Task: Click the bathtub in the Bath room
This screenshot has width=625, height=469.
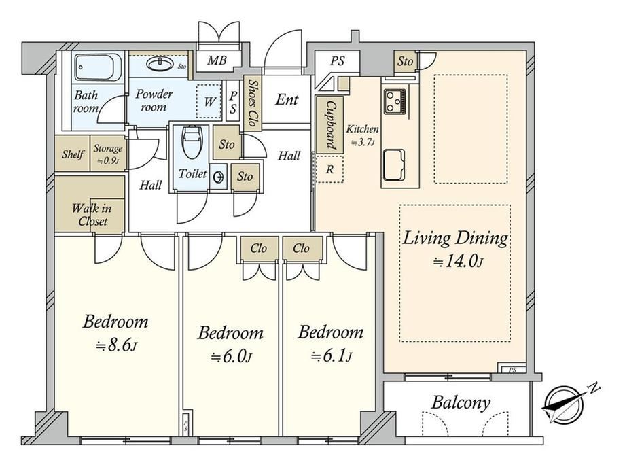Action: [x=98, y=67]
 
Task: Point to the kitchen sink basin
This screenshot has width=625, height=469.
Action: [x=395, y=164]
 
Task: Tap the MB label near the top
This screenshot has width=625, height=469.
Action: [x=217, y=60]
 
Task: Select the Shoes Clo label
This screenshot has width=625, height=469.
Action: [x=252, y=103]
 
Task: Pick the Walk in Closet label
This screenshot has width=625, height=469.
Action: [x=92, y=215]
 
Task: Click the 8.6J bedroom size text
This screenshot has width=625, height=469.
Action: [x=116, y=346]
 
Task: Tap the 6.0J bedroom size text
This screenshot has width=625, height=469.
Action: [x=231, y=357]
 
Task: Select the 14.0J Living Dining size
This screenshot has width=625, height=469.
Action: [x=459, y=262]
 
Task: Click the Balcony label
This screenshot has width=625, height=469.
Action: [x=461, y=402]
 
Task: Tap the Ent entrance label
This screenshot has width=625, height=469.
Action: [x=287, y=99]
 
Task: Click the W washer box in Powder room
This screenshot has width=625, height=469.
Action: [x=209, y=101]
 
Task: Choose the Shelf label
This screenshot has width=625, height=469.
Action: [x=73, y=154]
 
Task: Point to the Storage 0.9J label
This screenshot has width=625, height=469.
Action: [x=107, y=154]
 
